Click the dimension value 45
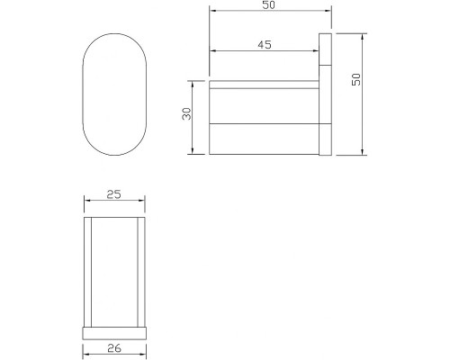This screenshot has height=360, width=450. [x=265, y=45]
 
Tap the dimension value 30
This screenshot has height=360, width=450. [x=186, y=113]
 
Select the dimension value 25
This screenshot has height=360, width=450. [x=114, y=194]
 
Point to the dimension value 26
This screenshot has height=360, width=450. [x=114, y=348]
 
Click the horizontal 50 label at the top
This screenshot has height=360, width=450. [x=268, y=5]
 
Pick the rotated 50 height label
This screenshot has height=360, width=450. [x=356, y=79]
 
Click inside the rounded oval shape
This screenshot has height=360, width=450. [x=114, y=94]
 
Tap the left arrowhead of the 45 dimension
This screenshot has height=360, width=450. [x=212, y=51]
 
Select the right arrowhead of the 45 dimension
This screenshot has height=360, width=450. [x=315, y=51]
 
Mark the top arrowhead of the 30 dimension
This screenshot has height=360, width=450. [x=193, y=84]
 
